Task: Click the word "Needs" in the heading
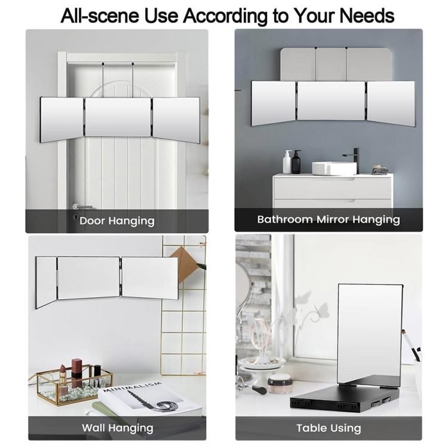[367, 16]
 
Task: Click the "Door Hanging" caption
[117, 221]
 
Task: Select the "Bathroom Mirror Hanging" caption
[329, 219]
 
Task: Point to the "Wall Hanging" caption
[118, 428]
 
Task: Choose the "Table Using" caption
[329, 428]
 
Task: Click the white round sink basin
[334, 168]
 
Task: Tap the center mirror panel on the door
[118, 117]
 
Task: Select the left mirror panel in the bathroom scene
[273, 103]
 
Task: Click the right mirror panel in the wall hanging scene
[150, 278]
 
